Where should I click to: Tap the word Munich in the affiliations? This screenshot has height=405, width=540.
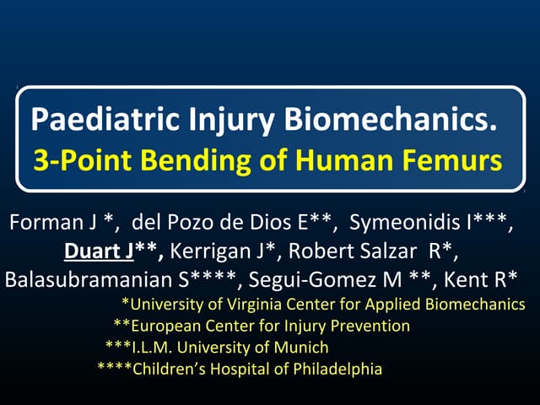[x=300, y=347]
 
